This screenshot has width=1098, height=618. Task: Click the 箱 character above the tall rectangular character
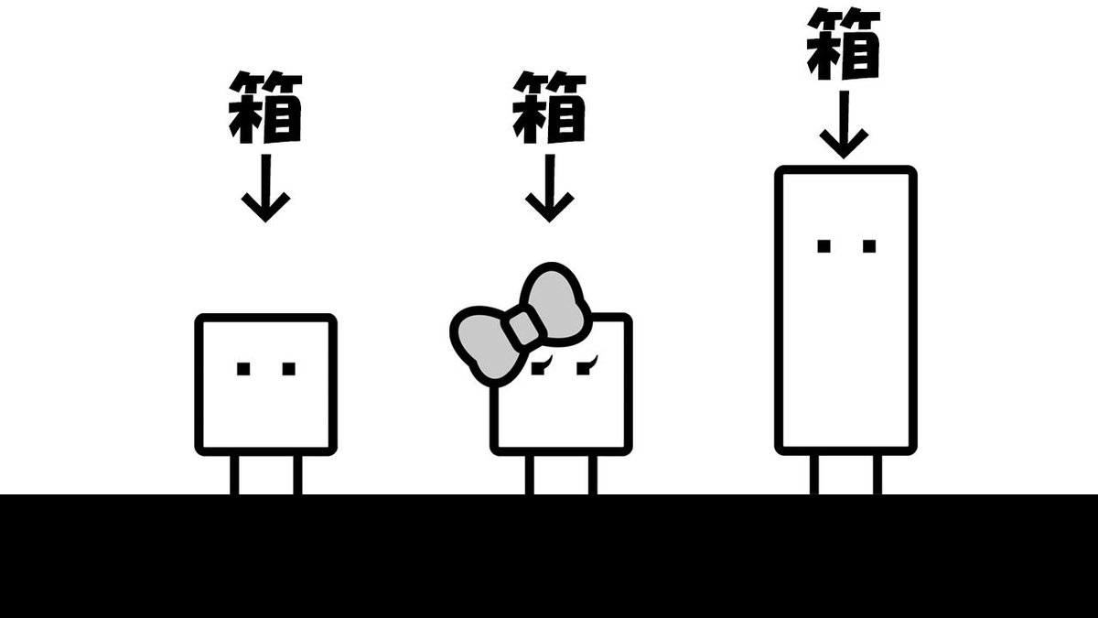[844, 43]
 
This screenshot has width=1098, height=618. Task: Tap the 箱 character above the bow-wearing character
[549, 107]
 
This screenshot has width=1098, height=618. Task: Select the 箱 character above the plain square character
[265, 107]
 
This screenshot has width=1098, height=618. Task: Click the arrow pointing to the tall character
[844, 124]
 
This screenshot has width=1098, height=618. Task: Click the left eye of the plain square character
[243, 369]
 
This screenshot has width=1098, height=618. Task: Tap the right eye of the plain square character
[288, 369]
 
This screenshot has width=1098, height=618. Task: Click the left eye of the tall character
[823, 245]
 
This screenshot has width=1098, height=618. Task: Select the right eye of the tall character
[868, 245]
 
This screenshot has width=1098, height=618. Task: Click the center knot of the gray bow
[523, 328]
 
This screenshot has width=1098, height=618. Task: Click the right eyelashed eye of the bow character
[585, 367]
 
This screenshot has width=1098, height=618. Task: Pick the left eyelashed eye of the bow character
[542, 368]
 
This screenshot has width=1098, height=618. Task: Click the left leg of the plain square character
[234, 474]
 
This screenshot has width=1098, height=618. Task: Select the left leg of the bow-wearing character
[529, 474]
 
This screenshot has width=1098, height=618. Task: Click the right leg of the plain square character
[297, 474]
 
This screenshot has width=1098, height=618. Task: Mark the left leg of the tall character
[814, 474]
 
